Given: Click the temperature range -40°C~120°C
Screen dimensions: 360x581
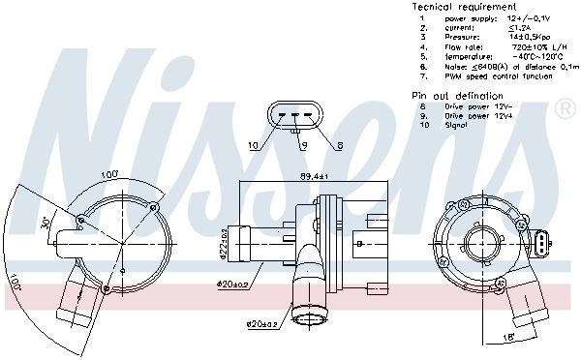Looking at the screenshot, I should point(528,56).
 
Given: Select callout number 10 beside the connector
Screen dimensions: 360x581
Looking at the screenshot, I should point(254,146).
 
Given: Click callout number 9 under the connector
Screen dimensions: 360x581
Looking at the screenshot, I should point(303,146).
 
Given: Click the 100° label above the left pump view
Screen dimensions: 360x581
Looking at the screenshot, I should point(109,174).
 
